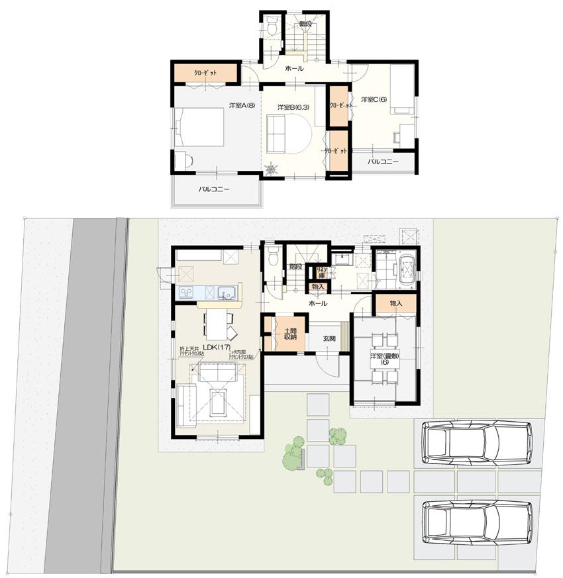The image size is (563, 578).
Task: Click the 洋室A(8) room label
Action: click(241, 105)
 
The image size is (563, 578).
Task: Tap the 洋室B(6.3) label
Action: click(293, 107)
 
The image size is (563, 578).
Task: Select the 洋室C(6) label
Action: click(374, 100)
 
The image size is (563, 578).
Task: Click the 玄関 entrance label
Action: click(329, 338)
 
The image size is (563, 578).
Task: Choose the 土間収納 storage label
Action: click(289, 333)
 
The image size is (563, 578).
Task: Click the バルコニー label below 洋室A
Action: click(214, 189)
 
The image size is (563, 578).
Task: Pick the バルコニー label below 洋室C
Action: click(384, 162)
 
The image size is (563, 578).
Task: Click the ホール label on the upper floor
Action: click(294, 68)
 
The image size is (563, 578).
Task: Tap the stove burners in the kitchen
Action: click(185, 292)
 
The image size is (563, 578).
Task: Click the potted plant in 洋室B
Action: click(272, 169)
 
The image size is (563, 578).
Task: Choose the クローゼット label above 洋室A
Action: click(205, 72)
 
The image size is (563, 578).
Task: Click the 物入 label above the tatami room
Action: click(396, 303)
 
